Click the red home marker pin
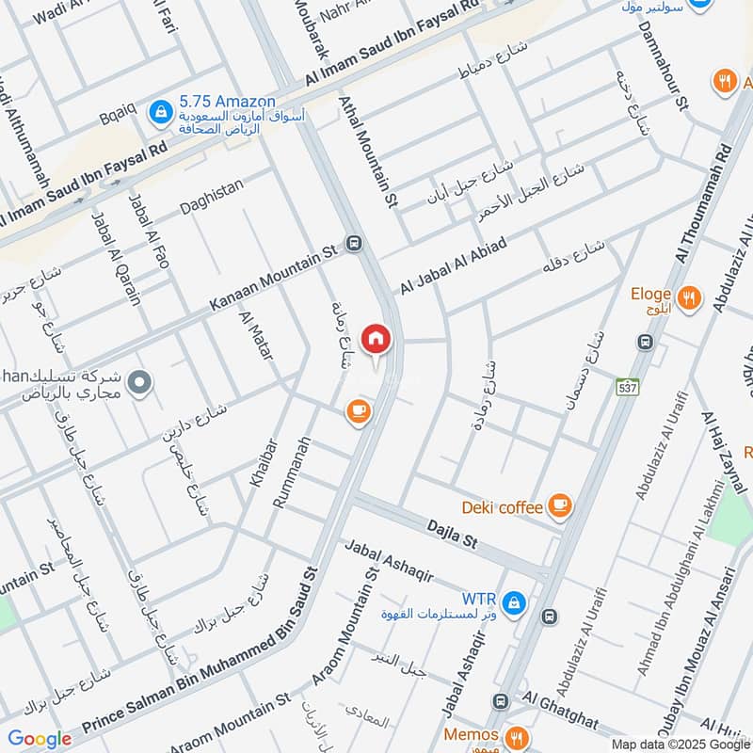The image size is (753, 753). point(376,339)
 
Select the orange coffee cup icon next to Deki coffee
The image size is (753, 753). point(560,506)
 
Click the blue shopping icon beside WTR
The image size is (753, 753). point(513,601)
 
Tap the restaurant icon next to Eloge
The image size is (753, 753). point(690,298)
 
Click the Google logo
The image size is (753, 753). point(40,739)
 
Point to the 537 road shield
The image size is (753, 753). point(626,387)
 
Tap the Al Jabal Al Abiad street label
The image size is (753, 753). point(454,264)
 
